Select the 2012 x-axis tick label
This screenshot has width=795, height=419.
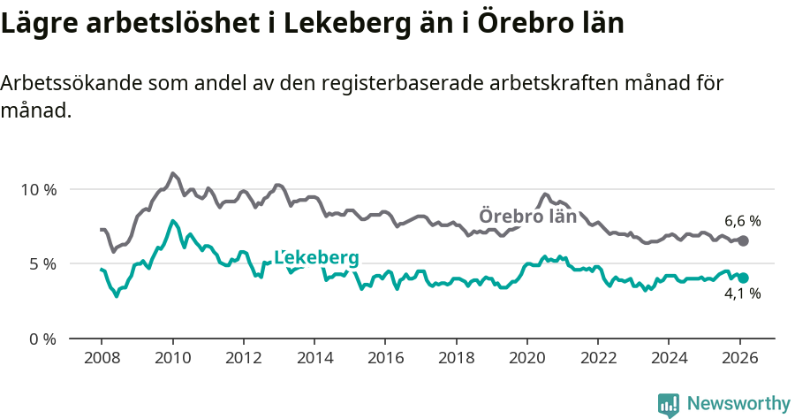[243, 359]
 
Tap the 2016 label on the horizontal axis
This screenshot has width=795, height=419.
[385, 359]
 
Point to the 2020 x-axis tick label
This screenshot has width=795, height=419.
[527, 359]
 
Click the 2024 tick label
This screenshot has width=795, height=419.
[669, 359]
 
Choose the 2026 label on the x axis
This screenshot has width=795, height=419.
[740, 359]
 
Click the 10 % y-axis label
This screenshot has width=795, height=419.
[38, 189]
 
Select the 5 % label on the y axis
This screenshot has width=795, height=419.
[42, 263]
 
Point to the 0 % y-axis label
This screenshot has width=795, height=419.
[42, 339]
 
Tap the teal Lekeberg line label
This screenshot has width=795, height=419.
[316, 257]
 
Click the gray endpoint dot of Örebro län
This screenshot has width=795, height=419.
[743, 240]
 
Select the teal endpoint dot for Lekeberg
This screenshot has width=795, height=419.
[743, 278]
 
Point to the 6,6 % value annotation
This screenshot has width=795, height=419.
[742, 221]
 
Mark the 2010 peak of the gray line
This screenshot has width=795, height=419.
[172, 173]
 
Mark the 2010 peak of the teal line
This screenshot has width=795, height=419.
[172, 221]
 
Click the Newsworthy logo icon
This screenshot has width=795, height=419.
[669, 404]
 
